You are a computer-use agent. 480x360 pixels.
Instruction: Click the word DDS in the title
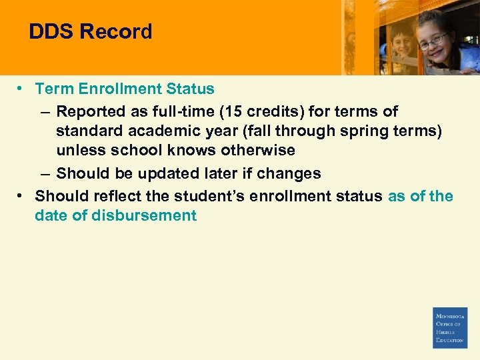(51, 31)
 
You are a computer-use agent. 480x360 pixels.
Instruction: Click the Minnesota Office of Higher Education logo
(450, 327)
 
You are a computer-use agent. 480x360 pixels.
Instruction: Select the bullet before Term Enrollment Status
(22, 89)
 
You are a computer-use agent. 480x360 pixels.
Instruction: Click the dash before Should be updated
(44, 173)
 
